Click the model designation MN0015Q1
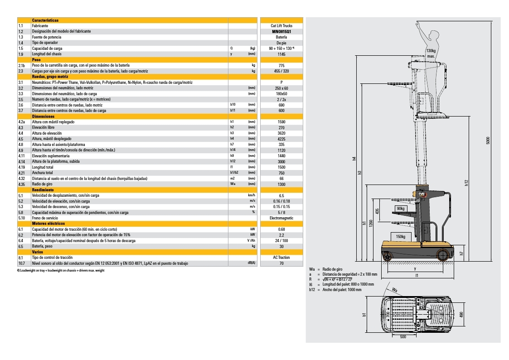[281, 31]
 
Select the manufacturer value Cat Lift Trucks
[281, 26]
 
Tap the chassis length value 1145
[281, 54]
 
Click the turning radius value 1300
[281, 184]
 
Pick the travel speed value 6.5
[281, 195]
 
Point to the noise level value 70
[281, 263]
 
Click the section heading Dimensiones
[44, 117]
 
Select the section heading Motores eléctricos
[48, 224]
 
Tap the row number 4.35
[22, 184]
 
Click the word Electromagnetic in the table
[281, 218]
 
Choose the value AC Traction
[281, 258]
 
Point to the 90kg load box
[401, 208]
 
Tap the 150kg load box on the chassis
[401, 236]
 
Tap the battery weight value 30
[281, 246]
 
